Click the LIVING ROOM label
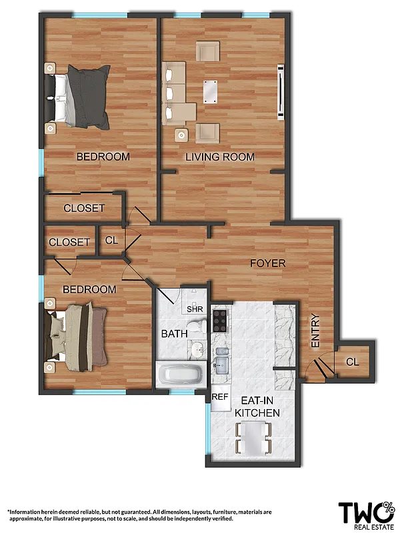coord(220,157)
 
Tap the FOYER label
coord(267,263)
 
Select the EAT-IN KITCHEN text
coord(257,407)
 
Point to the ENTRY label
coord(316,330)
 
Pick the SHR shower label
coord(195,308)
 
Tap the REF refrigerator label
coord(220,396)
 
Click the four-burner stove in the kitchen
coord(221,320)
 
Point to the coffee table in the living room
coord(210,91)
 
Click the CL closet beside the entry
coord(352,361)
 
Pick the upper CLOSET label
coord(84,209)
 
